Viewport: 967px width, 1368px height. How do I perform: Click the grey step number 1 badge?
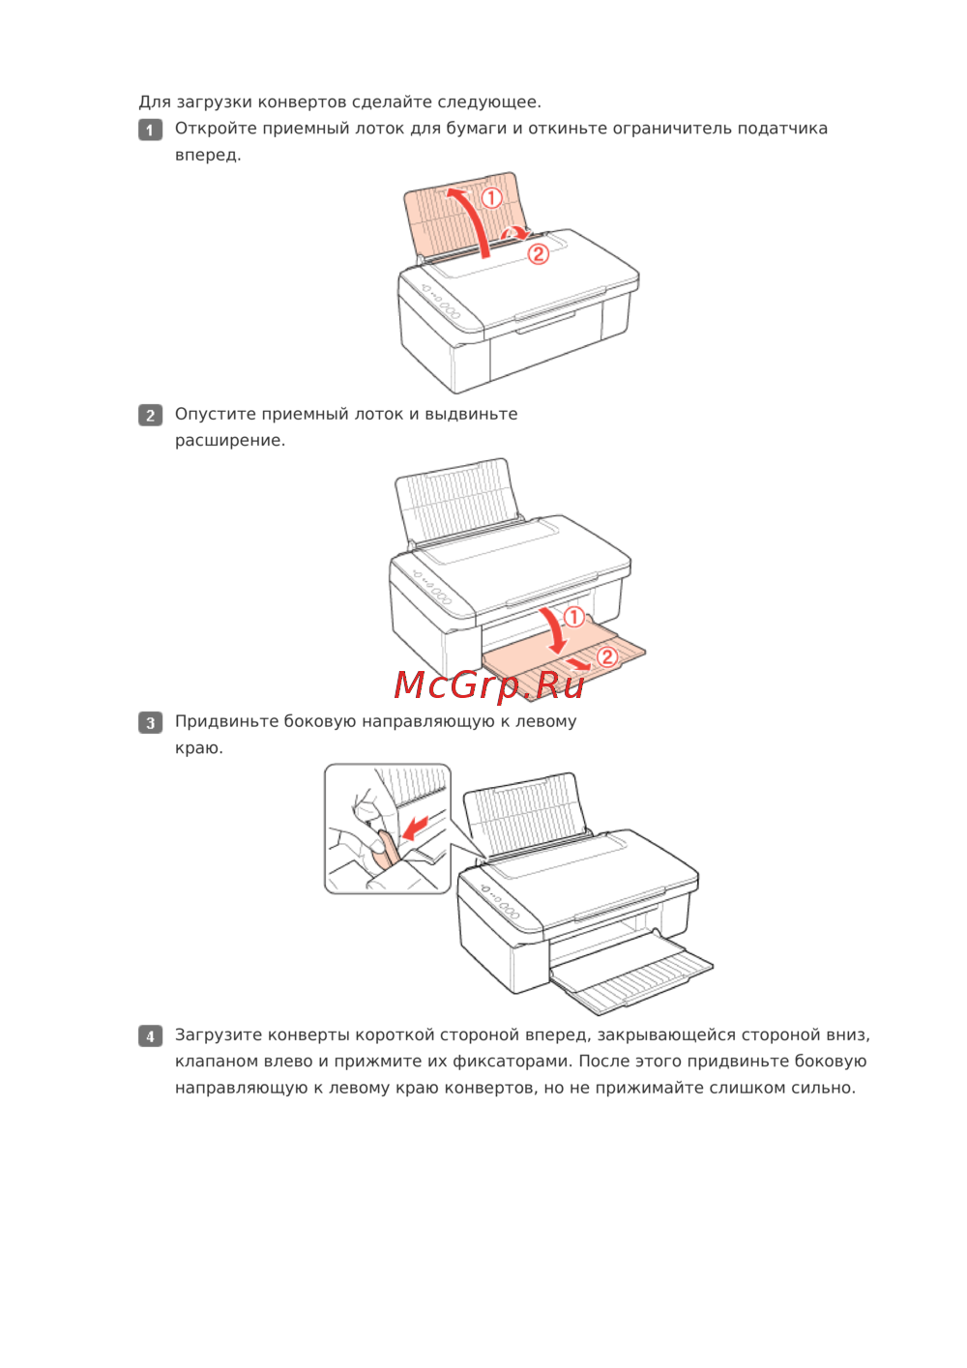point(150,130)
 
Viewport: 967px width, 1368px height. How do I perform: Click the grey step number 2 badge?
point(150,416)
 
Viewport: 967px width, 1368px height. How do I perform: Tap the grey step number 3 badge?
point(150,722)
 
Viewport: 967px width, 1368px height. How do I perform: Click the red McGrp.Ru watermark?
point(488,685)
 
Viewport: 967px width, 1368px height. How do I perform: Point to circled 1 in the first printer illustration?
point(492,197)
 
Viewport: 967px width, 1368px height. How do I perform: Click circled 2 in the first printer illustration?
point(539,253)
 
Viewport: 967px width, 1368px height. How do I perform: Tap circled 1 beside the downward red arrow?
point(573,617)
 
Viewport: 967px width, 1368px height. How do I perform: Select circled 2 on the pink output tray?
point(607,656)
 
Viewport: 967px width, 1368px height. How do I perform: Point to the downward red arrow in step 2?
point(555,629)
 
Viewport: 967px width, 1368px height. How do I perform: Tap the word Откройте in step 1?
point(216,129)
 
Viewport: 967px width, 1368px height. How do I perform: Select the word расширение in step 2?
point(230,440)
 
